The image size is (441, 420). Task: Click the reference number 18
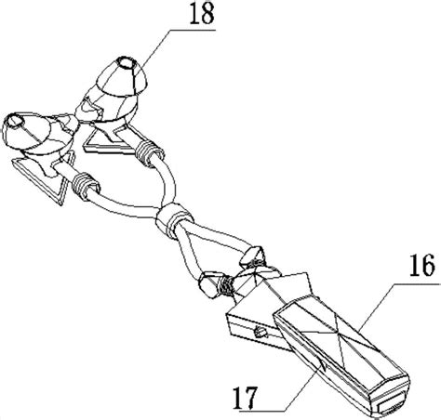202,14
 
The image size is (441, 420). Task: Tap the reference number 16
421,265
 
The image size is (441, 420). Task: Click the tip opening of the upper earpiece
127,63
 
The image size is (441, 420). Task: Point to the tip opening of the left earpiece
15,121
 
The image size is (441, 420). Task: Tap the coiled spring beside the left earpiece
85,185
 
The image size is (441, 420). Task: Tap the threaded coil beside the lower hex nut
226,287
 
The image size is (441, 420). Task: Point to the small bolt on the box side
260,333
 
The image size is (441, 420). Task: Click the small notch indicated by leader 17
323,365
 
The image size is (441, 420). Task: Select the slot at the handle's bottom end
392,407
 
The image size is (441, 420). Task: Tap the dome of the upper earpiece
123,77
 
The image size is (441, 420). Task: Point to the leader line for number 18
179,47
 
